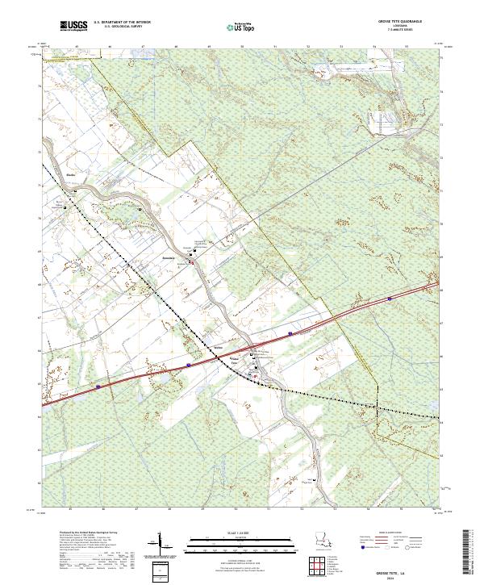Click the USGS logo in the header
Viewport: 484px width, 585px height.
(x=73, y=27)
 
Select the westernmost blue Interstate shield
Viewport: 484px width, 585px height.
(x=98, y=386)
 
